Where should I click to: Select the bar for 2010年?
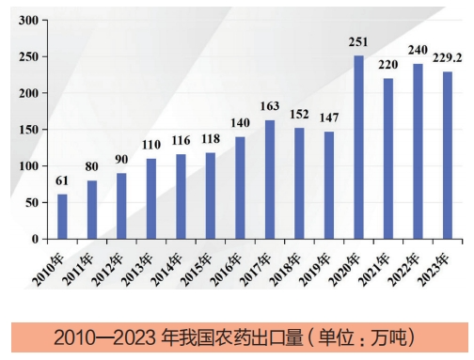[x=62, y=217]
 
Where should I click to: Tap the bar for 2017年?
[x=270, y=180]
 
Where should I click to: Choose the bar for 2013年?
[x=151, y=199]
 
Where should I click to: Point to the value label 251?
[x=358, y=42]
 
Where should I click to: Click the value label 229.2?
[x=447, y=57]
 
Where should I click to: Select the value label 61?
[x=62, y=180]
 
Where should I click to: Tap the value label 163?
[x=270, y=106]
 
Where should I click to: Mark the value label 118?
[x=211, y=139]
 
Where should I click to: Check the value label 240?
[x=418, y=50]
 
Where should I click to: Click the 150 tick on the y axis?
[x=27, y=130]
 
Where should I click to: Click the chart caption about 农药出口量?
[x=234, y=336]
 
